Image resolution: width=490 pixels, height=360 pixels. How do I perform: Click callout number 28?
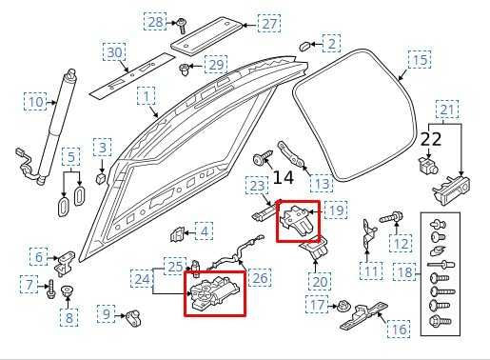point(154,20)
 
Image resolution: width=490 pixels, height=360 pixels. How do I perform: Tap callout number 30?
point(114,51)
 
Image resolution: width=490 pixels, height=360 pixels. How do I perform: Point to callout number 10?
point(35,102)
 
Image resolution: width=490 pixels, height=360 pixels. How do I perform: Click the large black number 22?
point(431,140)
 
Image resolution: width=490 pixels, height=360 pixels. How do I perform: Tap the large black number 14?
point(283,177)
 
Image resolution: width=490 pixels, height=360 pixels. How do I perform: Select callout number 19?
point(337,209)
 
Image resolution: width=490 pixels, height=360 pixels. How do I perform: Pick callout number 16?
point(397,329)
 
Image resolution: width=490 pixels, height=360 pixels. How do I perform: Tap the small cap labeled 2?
point(304,44)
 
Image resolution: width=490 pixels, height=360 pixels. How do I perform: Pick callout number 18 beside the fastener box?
point(403,273)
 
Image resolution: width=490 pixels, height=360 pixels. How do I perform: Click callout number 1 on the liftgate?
point(146,96)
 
